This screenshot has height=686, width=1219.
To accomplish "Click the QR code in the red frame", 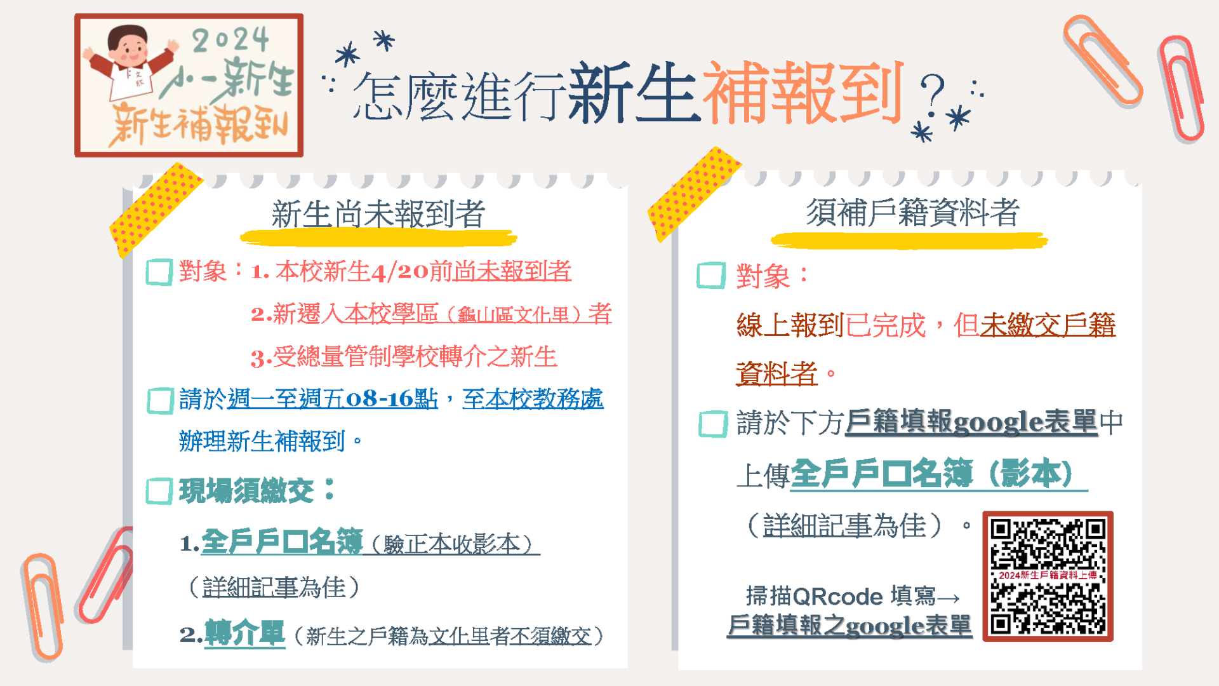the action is (1048, 576).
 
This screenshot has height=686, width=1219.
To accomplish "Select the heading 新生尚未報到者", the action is (378, 214).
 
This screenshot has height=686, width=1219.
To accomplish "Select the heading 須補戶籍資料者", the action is (912, 212).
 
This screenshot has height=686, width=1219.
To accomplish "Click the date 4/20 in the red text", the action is (400, 272).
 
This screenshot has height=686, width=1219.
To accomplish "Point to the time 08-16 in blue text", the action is (379, 399).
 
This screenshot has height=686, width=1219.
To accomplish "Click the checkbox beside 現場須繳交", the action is (159, 491).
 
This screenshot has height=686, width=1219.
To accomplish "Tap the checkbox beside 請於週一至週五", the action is (160, 401).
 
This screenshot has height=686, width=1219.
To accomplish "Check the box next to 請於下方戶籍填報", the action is (713, 424).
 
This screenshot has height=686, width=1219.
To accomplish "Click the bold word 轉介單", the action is (244, 633).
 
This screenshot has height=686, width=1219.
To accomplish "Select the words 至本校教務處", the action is (533, 399).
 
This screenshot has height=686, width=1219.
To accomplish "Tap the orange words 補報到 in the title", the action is (803, 93).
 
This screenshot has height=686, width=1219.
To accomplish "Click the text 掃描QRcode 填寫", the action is (841, 596).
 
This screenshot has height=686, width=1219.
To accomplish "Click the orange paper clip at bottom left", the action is (43, 607).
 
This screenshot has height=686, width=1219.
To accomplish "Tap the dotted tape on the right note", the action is (693, 194).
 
